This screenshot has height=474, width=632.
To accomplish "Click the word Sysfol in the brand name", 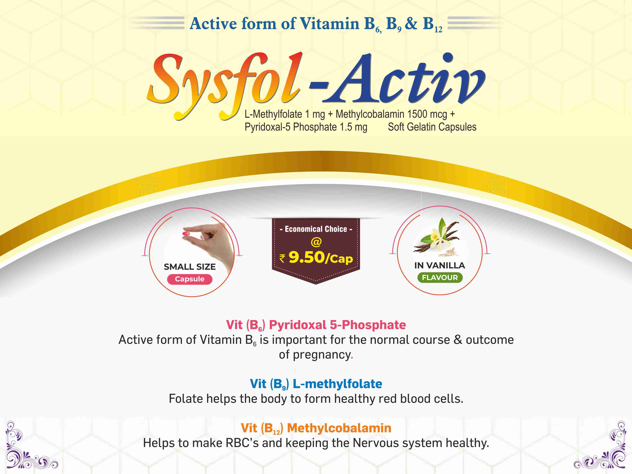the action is point(224,86).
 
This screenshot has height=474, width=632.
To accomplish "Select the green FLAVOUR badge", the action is point(440,278).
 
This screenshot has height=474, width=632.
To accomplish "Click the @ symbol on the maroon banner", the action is point(316,242).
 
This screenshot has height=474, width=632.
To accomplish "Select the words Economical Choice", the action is point(316,229).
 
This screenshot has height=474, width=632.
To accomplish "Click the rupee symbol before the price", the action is point(282,258).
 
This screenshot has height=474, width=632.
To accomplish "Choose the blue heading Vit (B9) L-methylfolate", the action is point(316,384).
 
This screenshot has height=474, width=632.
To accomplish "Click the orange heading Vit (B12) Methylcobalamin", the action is point(316,428).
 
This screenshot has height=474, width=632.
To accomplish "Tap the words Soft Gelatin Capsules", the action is point(432,127).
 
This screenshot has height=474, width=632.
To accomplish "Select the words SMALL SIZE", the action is point(190,267).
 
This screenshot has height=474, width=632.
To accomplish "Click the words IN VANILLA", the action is point(440,265).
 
